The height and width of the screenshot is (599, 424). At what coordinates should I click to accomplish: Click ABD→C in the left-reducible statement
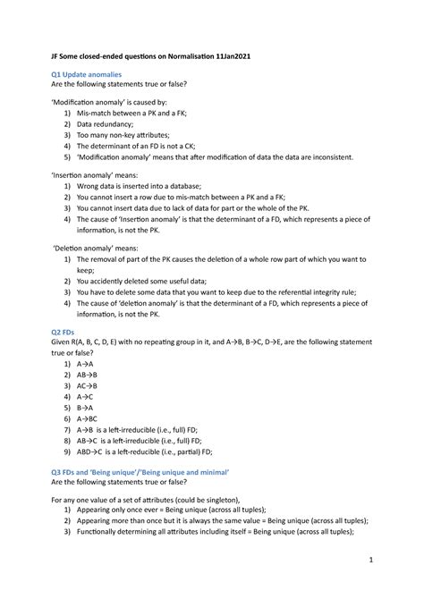pyautogui.click(x=93, y=453)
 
